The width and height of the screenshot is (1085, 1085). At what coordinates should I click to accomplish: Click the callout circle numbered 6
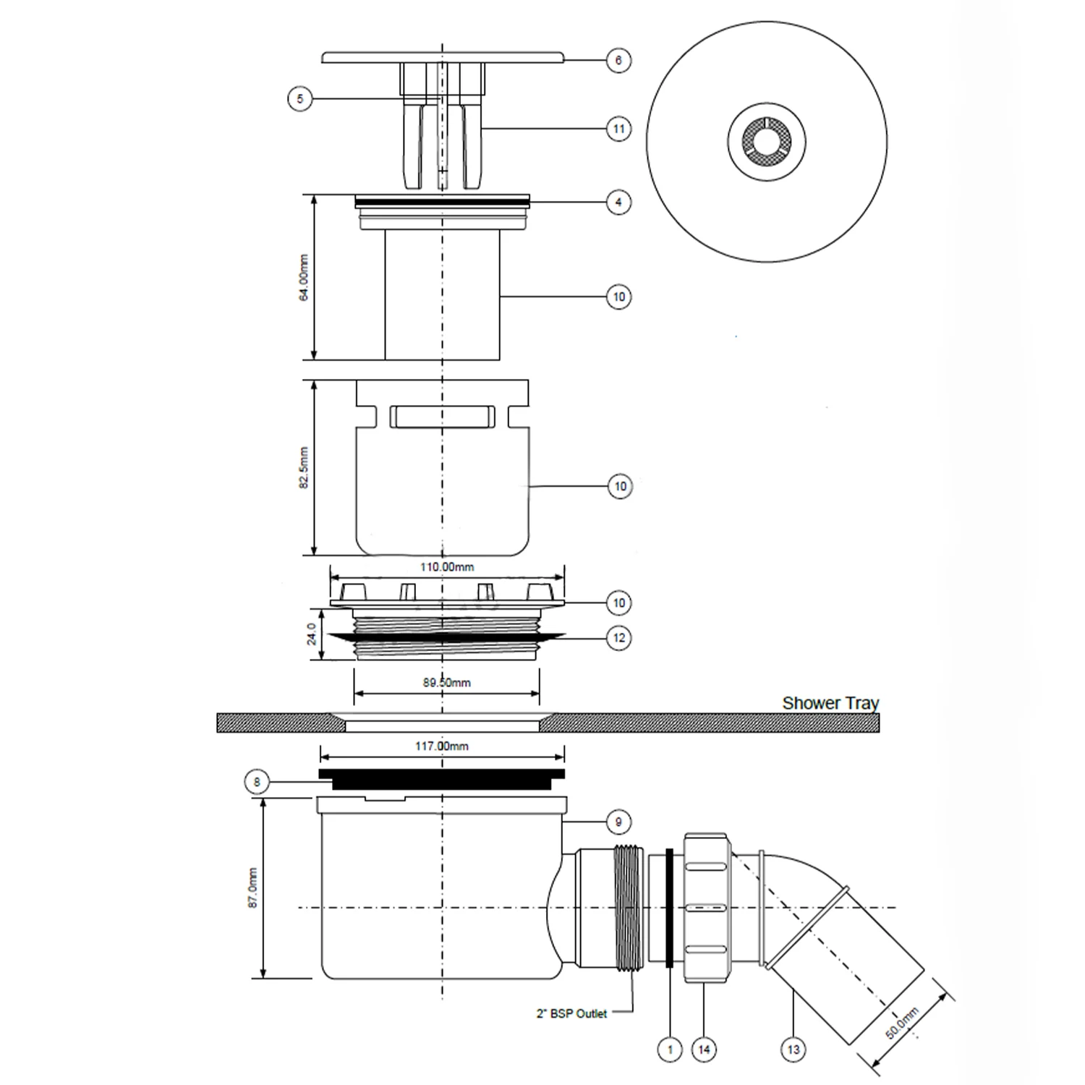coord(618,60)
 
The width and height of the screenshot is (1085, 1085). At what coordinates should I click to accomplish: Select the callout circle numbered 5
coord(300,98)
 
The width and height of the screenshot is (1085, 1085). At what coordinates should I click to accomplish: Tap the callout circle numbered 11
coord(618,129)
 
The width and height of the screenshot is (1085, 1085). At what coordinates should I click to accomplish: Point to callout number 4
coord(618,202)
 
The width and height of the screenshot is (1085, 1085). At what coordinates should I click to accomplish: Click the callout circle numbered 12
coord(619,638)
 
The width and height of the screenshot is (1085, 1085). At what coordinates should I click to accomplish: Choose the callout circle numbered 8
coord(257,782)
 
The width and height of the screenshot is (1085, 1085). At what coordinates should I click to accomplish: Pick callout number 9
coord(618,822)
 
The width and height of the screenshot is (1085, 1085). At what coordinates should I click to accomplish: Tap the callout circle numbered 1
coord(670,1049)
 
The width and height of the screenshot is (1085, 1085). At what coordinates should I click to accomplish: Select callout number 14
coord(705,1049)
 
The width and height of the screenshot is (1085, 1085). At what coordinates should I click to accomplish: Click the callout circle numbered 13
coord(793,1049)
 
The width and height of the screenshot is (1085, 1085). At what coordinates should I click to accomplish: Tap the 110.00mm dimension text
coord(447,567)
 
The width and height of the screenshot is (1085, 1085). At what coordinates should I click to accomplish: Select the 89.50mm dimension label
coord(447,683)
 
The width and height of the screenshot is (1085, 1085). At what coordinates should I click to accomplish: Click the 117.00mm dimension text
coord(441,746)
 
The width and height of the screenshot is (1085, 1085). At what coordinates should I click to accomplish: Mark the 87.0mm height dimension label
coord(253,888)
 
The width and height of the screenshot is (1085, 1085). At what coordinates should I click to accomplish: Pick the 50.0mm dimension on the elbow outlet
coord(902,1023)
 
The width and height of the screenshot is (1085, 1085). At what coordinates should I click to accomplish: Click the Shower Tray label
coord(830,703)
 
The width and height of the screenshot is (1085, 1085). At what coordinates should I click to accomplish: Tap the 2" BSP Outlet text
coord(571,1014)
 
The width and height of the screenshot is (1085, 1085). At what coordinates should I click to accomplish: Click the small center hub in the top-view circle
coord(767,140)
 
